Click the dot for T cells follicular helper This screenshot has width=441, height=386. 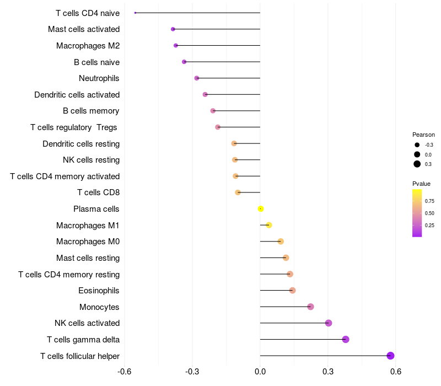click(x=391, y=356)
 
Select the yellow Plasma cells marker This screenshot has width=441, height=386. click(x=261, y=208)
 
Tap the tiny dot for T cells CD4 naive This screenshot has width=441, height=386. click(x=135, y=13)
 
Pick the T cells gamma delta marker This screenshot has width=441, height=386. click(x=346, y=339)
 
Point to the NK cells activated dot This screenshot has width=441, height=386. click(x=329, y=323)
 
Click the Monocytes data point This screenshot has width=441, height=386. click(x=310, y=307)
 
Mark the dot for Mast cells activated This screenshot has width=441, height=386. click(x=173, y=29)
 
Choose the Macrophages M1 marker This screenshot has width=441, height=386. click(x=269, y=225)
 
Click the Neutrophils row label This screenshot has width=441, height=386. click(x=99, y=78)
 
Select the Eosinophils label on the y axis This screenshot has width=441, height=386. click(x=99, y=291)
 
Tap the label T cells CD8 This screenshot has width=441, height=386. click(x=99, y=192)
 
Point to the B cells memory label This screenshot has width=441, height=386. click(x=91, y=111)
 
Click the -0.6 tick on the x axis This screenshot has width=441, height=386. click(x=125, y=372)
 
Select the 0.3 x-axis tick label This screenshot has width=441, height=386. click(x=328, y=372)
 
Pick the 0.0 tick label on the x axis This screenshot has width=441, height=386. click(x=260, y=372)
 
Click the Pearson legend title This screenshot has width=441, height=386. click(x=423, y=135)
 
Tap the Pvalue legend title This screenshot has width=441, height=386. click(x=422, y=184)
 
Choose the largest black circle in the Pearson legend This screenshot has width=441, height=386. click(x=417, y=164)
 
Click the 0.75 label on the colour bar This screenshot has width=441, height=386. click(x=429, y=201)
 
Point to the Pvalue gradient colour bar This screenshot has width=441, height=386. click(x=417, y=213)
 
